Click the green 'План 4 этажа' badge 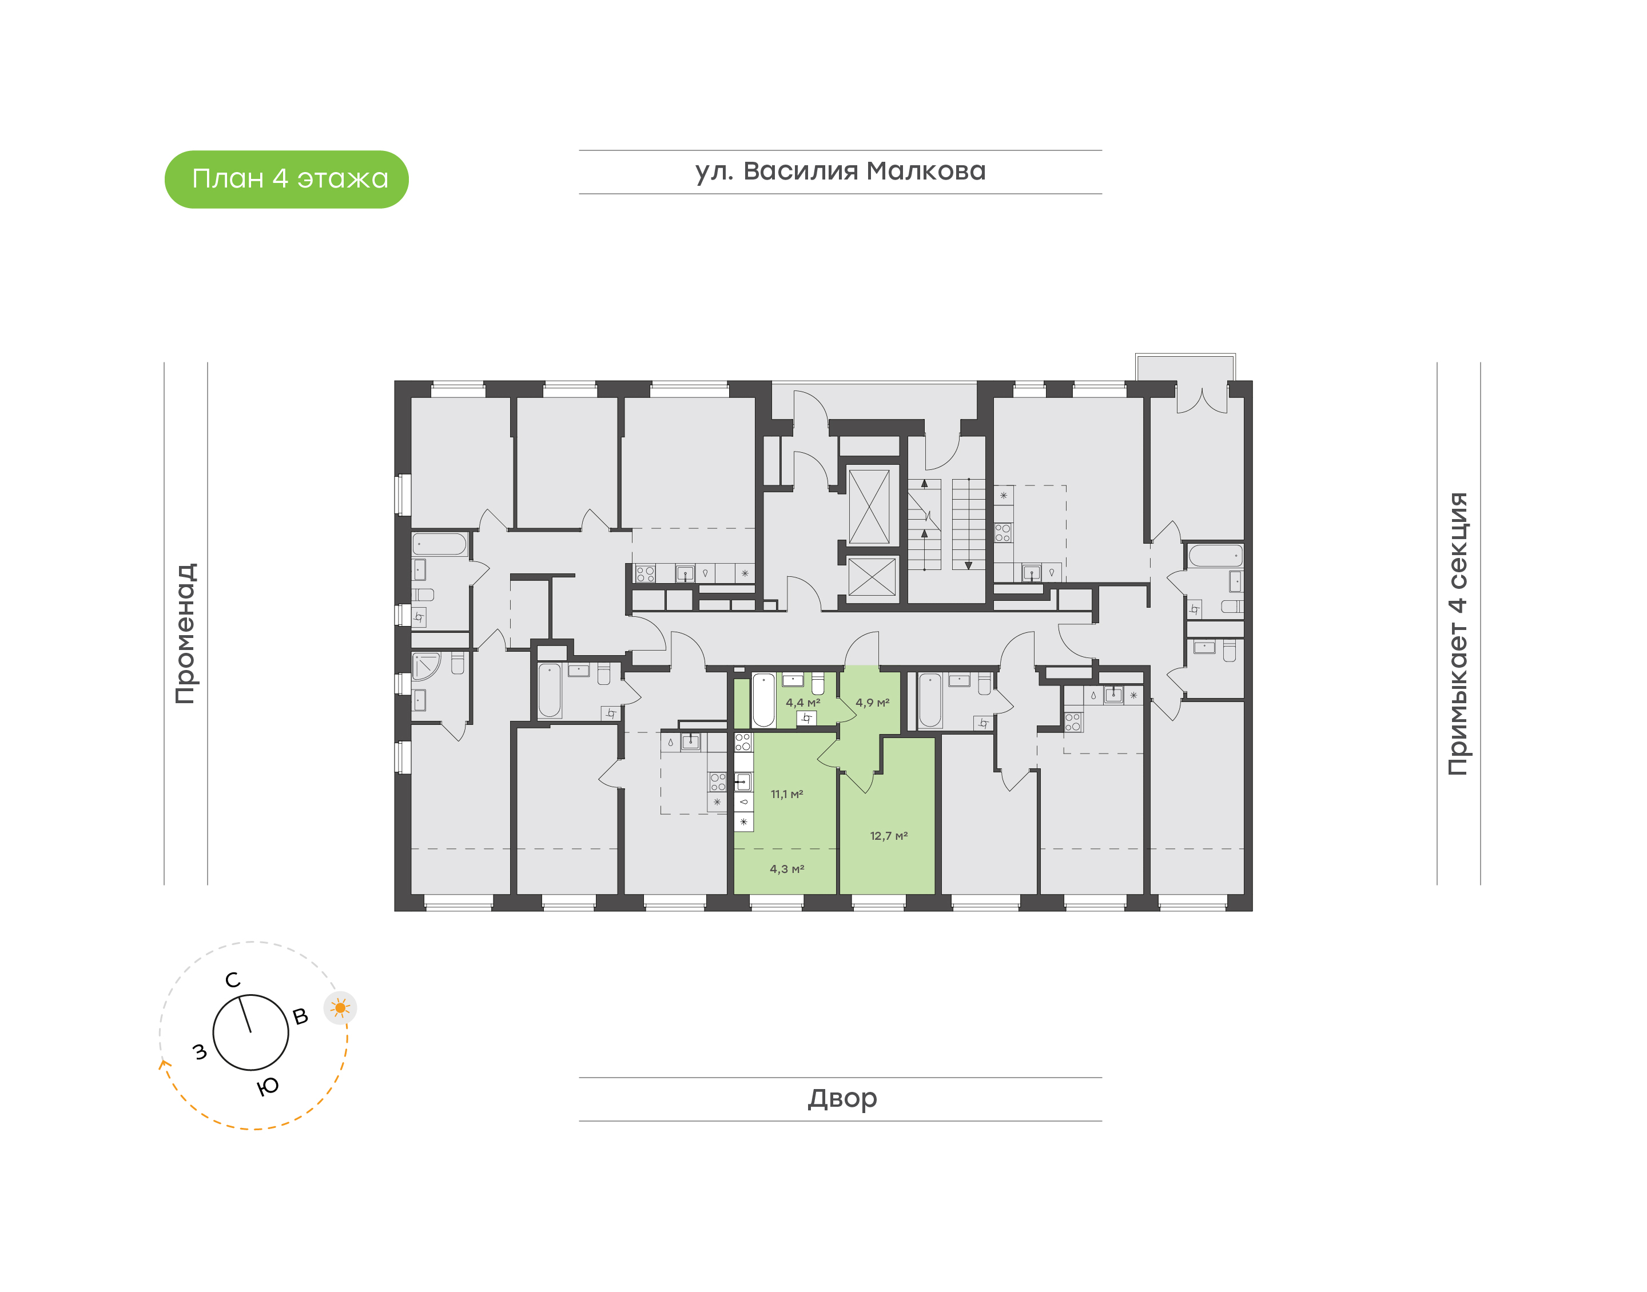286,180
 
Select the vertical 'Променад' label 186,633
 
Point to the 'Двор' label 842,1098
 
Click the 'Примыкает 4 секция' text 1457,633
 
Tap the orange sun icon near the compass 340,1007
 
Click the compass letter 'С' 233,980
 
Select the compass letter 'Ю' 268,1086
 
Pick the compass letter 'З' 200,1051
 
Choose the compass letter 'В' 300,1016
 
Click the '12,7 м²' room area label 888,836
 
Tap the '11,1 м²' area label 787,794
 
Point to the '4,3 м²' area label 787,869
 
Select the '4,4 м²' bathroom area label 803,703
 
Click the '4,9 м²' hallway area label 872,703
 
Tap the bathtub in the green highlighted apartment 763,700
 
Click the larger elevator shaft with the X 869,507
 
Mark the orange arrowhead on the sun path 162,1064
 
